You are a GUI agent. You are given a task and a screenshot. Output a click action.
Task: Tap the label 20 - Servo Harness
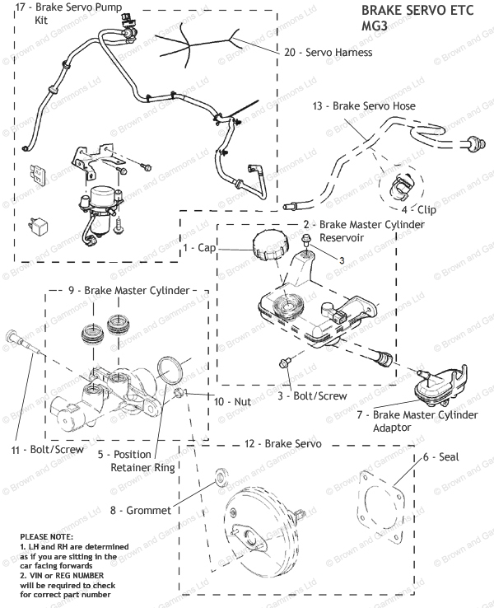point(328,53)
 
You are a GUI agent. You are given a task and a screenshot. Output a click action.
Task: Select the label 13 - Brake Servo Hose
point(364,106)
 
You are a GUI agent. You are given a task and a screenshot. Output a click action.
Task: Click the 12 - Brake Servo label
point(282,444)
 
